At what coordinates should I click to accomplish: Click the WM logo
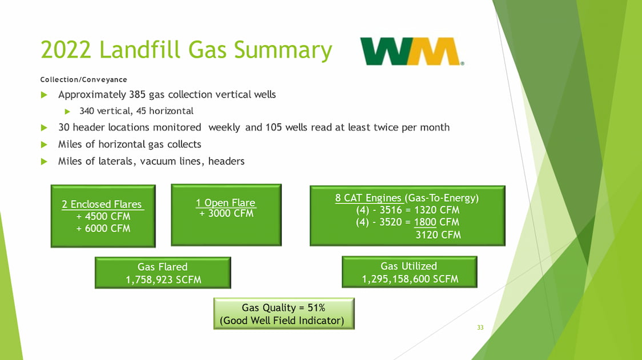(x=412, y=51)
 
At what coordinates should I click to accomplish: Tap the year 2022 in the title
(x=66, y=50)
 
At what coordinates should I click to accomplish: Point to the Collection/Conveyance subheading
(x=83, y=79)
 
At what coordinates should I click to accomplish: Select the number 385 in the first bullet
(x=137, y=94)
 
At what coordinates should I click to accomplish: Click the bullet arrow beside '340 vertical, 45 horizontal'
(x=67, y=111)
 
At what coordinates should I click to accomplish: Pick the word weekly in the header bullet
(x=224, y=128)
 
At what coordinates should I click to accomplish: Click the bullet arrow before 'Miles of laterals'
(x=44, y=161)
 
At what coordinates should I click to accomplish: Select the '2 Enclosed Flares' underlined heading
(x=102, y=204)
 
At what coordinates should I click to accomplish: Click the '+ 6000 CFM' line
(x=103, y=229)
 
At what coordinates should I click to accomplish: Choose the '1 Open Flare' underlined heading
(x=226, y=202)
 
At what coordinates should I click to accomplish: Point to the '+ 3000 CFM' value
(x=226, y=213)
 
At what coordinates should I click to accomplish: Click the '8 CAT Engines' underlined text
(x=368, y=198)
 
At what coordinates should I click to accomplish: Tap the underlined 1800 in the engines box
(x=425, y=222)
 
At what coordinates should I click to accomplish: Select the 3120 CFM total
(x=438, y=235)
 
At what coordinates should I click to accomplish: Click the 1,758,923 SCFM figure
(x=163, y=280)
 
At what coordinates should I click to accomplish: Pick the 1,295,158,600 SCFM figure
(x=410, y=279)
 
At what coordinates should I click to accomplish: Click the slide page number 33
(x=480, y=327)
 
